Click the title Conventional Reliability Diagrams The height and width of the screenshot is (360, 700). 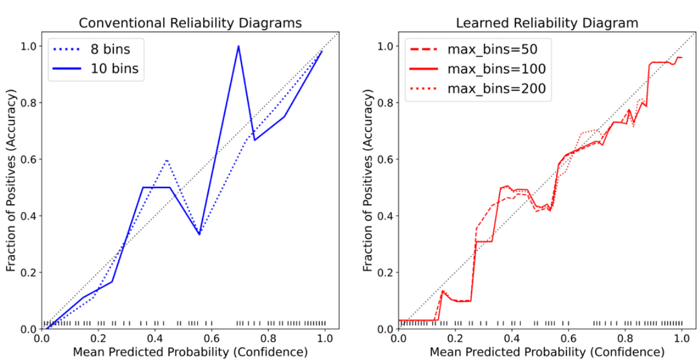coord(191,23)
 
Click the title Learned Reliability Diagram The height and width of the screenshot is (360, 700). coord(547,23)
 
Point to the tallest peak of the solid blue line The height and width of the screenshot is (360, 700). coord(239,46)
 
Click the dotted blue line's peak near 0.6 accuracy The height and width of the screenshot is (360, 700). coord(167,160)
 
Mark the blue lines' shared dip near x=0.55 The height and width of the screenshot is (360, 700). coord(199,234)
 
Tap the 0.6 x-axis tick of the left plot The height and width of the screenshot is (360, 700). coord(212,337)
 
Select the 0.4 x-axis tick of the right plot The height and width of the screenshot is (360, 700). coord(512,337)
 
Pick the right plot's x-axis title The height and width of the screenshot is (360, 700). coord(547,351)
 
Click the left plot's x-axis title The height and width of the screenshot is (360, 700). coord(191,351)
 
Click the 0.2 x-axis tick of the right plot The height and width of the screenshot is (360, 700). coord(455,337)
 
